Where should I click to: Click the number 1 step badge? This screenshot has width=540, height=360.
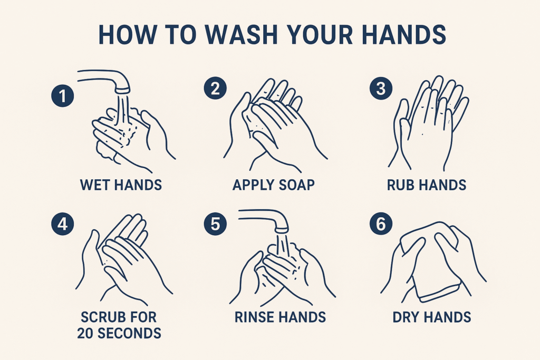click(63, 95)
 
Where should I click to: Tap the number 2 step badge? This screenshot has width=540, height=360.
click(215, 88)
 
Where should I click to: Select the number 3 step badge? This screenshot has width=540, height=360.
click(381, 88)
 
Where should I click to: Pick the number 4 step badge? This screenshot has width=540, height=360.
click(63, 224)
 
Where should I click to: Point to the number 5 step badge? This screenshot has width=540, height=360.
click(215, 224)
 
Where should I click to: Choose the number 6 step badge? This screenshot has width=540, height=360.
click(381, 224)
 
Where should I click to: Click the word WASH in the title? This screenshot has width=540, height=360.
click(242, 34)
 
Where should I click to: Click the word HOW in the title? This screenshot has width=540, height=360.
click(126, 34)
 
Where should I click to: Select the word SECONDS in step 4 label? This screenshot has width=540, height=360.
click(129, 333)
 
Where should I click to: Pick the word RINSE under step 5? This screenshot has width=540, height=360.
click(254, 317)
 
